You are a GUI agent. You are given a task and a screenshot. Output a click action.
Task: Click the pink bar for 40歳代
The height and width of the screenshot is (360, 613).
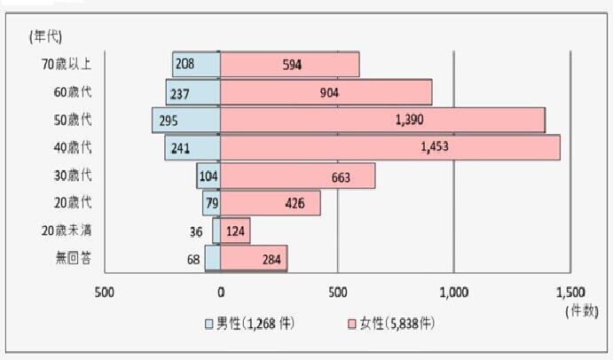click(390, 148)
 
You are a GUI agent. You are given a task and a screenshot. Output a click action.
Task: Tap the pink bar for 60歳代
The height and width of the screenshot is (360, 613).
click(326, 92)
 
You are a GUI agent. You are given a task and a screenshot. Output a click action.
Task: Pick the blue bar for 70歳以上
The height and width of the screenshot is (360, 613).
click(196, 64)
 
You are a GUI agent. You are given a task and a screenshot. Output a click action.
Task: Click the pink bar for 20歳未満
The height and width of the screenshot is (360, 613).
click(235, 231)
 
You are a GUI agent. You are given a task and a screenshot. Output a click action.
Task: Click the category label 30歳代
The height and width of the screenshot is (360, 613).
click(74, 176)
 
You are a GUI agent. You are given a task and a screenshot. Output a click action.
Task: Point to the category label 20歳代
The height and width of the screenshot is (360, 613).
click(74, 204)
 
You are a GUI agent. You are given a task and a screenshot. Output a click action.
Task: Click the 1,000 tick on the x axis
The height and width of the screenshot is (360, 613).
click(453, 292)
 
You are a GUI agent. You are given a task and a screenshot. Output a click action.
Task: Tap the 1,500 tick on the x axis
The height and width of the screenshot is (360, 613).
click(570, 292)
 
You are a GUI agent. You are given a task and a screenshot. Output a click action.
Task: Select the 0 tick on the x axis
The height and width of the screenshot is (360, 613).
click(220, 292)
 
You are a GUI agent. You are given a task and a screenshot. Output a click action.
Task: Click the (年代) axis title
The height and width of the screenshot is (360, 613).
click(44, 35)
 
